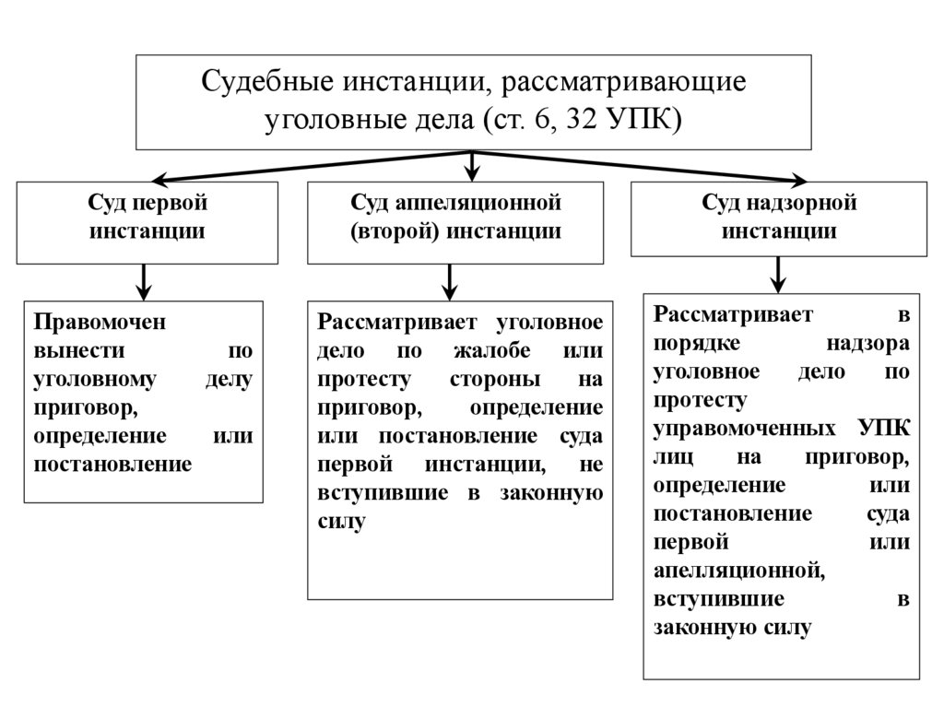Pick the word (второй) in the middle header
coord(395,230)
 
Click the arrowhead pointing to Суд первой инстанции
coord(159,180)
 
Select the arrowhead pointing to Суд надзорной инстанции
coord(797,180)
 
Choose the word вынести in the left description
coord(69,350)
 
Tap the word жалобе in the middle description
coord(485,350)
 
